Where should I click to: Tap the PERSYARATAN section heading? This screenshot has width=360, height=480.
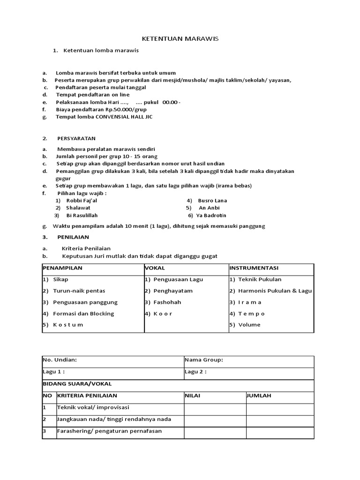point(76,138)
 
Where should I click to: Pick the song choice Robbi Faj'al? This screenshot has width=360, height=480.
point(82,200)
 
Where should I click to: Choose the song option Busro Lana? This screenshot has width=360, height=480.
point(212,200)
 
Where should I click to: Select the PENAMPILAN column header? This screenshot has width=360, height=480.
point(63,268)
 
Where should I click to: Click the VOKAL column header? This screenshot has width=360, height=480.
point(154,268)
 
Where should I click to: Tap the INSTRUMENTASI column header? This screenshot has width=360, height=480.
point(254,268)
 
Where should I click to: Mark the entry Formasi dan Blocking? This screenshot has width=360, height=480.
point(83,314)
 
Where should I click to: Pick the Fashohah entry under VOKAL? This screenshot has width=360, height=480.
point(167,302)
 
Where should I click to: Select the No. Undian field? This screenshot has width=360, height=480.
point(60,360)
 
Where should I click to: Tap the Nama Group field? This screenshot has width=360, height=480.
point(204,360)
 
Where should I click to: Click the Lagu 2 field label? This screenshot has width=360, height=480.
point(195,372)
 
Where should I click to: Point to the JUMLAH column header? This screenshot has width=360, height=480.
point(259,396)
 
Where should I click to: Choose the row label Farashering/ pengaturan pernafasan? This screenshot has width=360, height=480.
point(109,431)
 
